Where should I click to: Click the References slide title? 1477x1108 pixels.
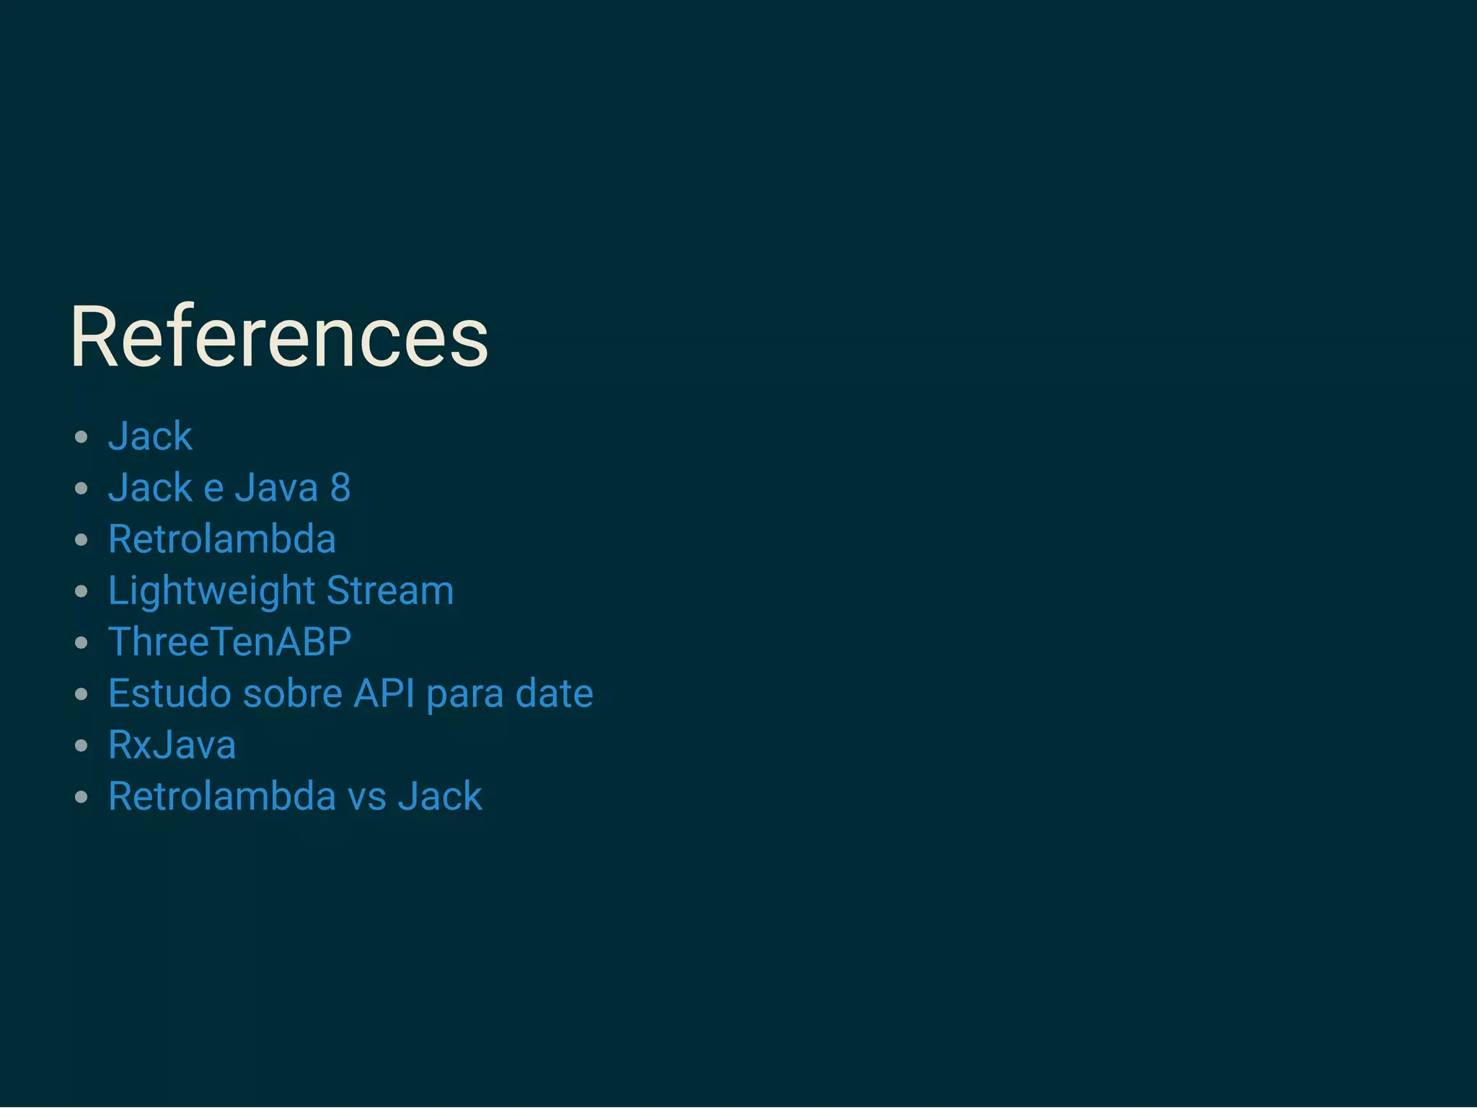pos(279,337)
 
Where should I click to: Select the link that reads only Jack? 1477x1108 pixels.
pos(150,436)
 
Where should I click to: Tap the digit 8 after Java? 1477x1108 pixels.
pos(340,488)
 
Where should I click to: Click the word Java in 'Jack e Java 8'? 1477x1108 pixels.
pos(276,488)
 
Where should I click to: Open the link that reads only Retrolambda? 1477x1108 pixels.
pos(221,539)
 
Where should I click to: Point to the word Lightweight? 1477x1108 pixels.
pos(211,591)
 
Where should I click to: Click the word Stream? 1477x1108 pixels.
pos(390,591)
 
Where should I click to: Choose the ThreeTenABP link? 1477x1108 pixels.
pos(229,642)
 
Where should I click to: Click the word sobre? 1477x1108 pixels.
pos(293,693)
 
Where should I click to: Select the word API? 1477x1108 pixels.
pos(384,693)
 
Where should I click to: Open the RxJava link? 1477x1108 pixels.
pos(172,745)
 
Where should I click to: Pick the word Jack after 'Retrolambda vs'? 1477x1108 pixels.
pos(440,797)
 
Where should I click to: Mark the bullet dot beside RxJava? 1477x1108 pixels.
pos(81,746)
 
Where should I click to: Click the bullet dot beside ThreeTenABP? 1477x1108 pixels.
pos(81,643)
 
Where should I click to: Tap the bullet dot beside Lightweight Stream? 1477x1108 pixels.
pos(81,592)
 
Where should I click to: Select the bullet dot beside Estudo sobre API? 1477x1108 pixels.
pos(81,694)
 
